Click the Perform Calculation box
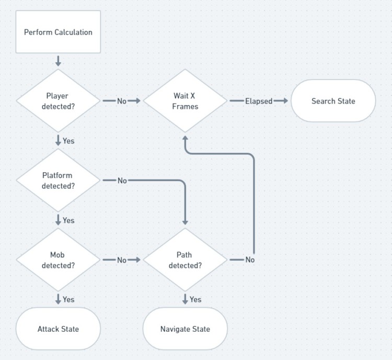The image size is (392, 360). [x=58, y=32]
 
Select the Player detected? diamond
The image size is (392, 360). [x=58, y=100]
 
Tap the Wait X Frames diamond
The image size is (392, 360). [x=185, y=100]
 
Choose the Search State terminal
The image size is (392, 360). [x=333, y=101]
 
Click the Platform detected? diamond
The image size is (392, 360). [x=58, y=180]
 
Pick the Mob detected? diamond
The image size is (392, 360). [x=58, y=260]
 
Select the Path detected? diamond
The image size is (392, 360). [x=185, y=260]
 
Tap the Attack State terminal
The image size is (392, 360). [x=58, y=329]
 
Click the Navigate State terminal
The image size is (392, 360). [x=185, y=329]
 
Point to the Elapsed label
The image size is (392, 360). [x=259, y=101]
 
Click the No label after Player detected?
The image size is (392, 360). [x=122, y=101]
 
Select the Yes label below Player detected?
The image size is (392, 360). [x=68, y=141]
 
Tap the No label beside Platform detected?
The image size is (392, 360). [x=122, y=181]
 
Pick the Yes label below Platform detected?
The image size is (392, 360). [x=68, y=220]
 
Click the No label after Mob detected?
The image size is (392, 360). [x=122, y=260]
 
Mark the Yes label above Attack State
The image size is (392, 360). [x=68, y=299]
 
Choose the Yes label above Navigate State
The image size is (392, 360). [x=195, y=299]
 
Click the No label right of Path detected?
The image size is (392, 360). [x=250, y=260]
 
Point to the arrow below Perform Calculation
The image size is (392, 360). [x=58, y=61]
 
